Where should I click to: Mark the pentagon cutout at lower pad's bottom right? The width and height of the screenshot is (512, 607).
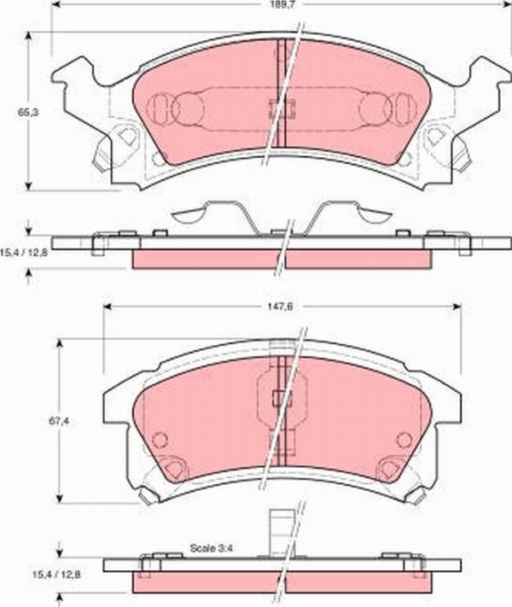(391, 469)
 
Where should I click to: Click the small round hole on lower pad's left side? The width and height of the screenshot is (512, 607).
(158, 440)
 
